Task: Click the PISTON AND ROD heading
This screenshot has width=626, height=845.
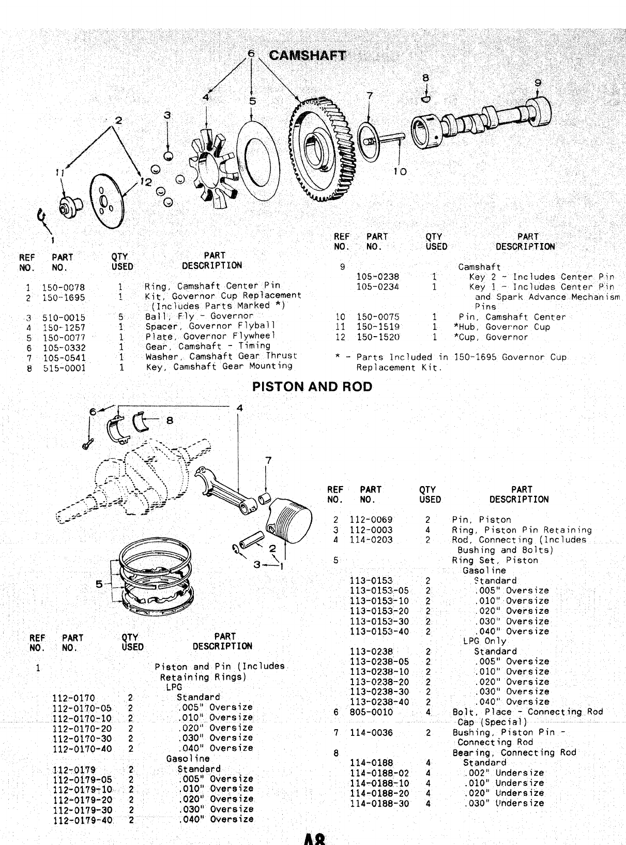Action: (312, 387)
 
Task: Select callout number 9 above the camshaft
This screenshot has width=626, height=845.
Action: (538, 82)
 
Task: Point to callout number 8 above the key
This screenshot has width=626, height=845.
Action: (425, 78)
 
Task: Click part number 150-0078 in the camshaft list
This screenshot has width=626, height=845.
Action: (63, 288)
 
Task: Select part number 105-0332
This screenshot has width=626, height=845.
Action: (64, 348)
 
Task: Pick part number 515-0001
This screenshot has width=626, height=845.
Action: (64, 368)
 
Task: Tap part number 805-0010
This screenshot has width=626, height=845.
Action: (371, 712)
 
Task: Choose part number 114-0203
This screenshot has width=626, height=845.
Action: (371, 540)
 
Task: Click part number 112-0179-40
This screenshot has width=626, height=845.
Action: (82, 820)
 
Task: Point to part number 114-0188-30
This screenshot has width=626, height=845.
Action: (379, 804)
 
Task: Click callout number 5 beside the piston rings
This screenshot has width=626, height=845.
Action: (99, 584)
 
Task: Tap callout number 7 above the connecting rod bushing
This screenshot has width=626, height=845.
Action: (268, 460)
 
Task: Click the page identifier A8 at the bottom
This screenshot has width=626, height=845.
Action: (314, 839)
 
